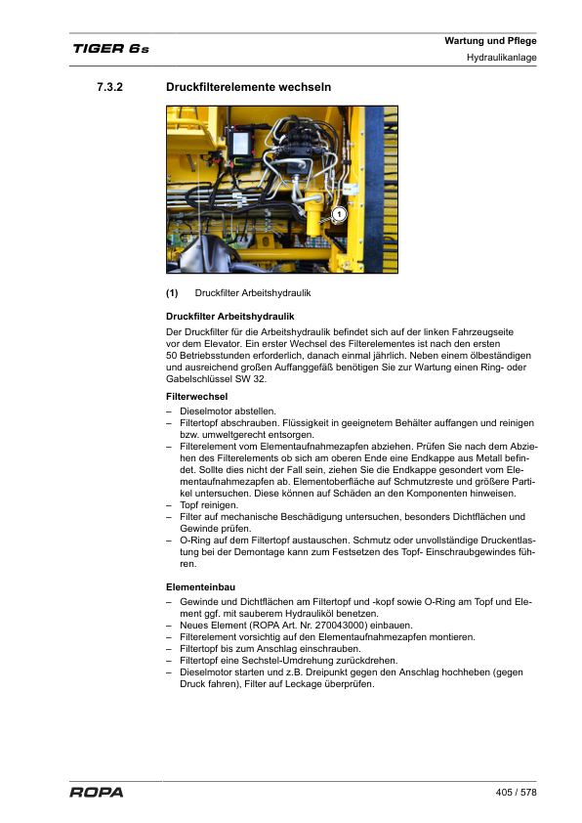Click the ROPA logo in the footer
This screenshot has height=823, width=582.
(97, 793)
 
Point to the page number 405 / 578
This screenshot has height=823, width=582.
(517, 792)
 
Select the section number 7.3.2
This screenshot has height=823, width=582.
(109, 88)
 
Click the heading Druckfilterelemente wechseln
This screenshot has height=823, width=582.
(249, 88)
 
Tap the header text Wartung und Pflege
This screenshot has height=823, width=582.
(490, 41)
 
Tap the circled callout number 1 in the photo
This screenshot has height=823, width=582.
(338, 214)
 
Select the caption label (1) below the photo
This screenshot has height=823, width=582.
(172, 292)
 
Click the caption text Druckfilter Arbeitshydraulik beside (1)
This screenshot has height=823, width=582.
(253, 292)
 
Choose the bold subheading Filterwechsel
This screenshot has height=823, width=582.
(197, 396)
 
